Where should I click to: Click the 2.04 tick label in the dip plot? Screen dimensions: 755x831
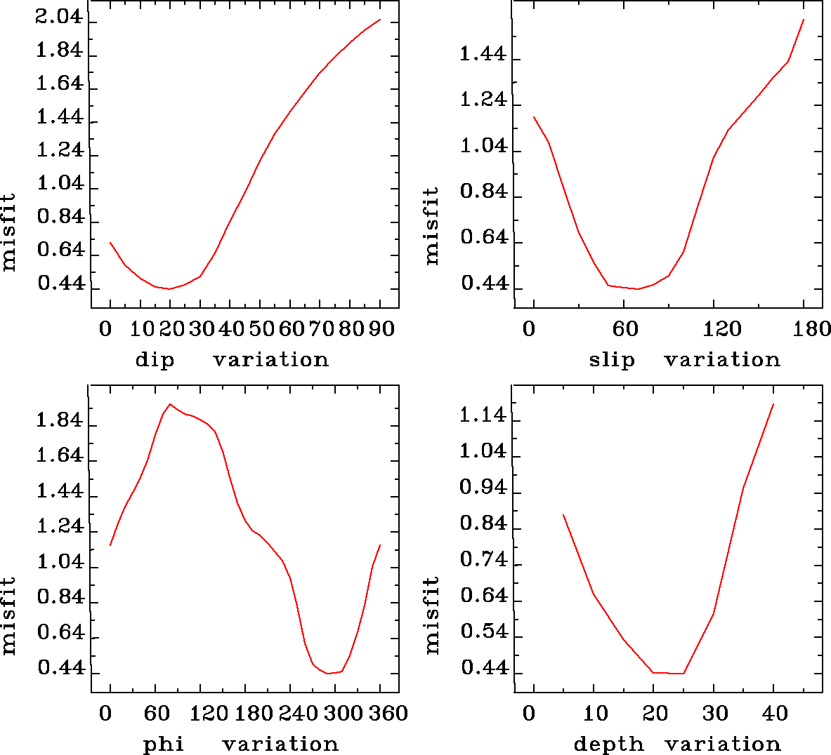click(x=59, y=18)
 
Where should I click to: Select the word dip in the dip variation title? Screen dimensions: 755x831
click(x=154, y=360)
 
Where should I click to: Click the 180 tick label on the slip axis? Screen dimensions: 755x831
click(x=813, y=329)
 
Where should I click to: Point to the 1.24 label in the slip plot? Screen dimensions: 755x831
click(x=483, y=100)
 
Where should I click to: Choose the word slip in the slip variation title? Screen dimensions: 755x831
click(x=611, y=360)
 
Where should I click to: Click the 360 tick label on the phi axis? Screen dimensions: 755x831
click(x=388, y=714)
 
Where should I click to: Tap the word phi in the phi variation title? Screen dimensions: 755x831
click(x=163, y=744)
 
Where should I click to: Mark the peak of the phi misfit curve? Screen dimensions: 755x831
click(x=170, y=404)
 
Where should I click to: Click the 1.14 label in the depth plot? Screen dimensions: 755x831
click(x=483, y=416)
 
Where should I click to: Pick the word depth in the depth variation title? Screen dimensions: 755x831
click(x=608, y=744)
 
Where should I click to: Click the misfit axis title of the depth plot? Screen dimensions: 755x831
click(x=431, y=615)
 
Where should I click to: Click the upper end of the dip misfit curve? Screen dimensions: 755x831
click(x=380, y=20)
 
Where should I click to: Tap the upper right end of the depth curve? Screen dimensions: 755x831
click(x=773, y=404)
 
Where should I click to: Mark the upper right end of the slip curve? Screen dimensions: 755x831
click(x=803, y=20)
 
